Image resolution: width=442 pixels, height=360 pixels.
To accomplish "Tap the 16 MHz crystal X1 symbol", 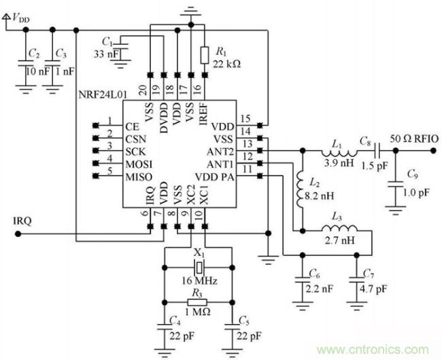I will (x=200, y=262).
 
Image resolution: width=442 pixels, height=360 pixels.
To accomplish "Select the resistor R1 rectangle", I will (x=204, y=53).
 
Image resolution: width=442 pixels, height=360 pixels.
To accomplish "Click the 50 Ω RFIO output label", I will (x=413, y=138).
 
